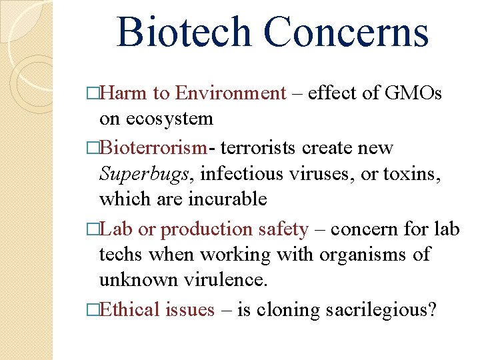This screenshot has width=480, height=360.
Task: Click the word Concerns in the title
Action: [346, 32]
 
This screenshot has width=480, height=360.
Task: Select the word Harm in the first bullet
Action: [124, 93]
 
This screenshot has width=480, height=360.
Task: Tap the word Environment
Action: [231, 93]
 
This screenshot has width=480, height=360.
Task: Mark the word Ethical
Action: [129, 309]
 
